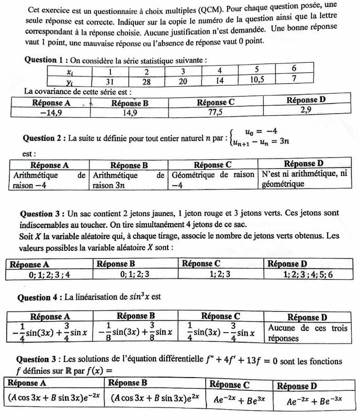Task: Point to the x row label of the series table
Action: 72,72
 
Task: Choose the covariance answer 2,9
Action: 309,111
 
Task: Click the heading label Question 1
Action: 46,60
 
